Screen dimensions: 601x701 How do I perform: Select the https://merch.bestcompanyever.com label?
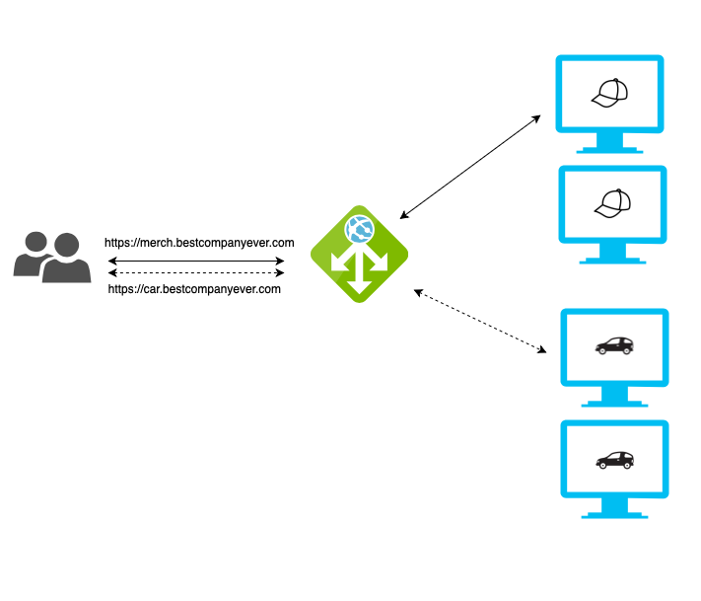click(x=200, y=242)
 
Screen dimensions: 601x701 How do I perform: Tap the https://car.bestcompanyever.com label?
click(x=194, y=289)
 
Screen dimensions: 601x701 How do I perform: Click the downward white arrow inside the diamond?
click(x=359, y=277)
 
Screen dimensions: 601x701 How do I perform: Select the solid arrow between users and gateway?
click(x=196, y=262)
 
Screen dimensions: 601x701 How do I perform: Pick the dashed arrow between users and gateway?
click(x=196, y=273)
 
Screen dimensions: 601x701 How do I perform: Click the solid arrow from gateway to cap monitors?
click(x=470, y=166)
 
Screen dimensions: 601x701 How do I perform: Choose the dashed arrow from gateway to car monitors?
click(x=480, y=321)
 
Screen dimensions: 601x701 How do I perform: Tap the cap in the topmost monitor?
click(x=609, y=93)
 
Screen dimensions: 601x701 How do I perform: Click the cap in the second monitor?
click(x=612, y=202)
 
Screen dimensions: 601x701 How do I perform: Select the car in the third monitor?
click(x=614, y=345)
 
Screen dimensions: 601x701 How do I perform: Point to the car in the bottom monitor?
click(x=614, y=459)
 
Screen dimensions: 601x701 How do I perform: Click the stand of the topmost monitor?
click(x=609, y=144)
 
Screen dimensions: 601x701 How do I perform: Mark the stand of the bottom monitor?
click(x=614, y=509)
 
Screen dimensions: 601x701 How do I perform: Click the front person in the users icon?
click(x=66, y=261)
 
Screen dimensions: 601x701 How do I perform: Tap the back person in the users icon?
click(x=34, y=254)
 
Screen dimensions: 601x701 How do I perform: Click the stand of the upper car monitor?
click(x=614, y=397)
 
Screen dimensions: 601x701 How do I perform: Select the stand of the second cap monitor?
click(x=612, y=255)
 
